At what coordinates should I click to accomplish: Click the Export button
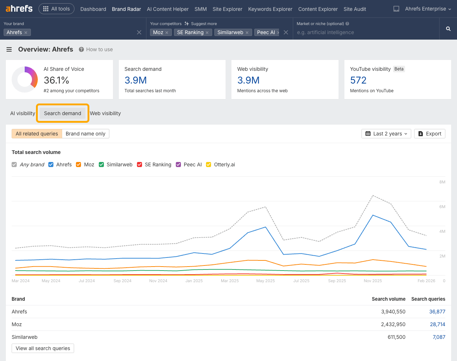tap(429, 134)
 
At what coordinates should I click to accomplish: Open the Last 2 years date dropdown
tap(386, 134)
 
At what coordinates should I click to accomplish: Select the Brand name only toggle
tap(85, 134)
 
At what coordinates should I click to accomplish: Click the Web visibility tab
tap(105, 113)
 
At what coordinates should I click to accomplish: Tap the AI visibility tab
tap(23, 113)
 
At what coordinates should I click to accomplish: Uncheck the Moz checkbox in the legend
tap(78, 165)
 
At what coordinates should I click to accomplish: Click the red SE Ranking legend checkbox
tap(139, 165)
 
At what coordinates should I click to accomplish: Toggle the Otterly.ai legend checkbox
tap(209, 165)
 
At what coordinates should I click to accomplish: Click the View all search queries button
tap(43, 348)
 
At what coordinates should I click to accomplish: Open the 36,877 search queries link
tap(437, 312)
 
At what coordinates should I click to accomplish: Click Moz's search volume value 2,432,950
tap(393, 324)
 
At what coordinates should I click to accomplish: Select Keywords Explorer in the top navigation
tap(270, 9)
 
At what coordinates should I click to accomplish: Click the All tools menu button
tap(56, 9)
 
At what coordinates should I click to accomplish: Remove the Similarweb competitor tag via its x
tap(247, 33)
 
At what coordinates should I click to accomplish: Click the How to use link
tap(99, 49)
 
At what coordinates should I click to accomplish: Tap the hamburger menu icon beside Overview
tap(9, 49)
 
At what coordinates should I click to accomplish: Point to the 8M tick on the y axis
tap(442, 182)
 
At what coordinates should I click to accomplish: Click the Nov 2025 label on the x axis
tap(373, 281)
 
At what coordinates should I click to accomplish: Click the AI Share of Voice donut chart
tap(25, 79)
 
